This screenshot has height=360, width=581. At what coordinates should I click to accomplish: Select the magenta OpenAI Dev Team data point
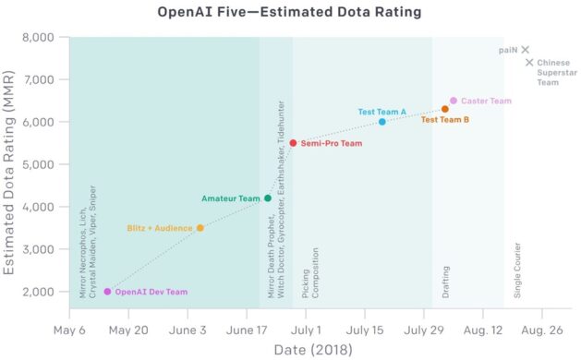tap(107, 292)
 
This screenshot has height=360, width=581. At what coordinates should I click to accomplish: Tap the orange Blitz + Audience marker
tap(200, 228)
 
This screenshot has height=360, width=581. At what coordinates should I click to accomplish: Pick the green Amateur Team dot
tap(268, 198)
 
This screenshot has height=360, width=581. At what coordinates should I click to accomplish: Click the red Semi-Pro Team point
tap(293, 143)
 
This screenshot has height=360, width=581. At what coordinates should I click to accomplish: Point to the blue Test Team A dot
tap(382, 122)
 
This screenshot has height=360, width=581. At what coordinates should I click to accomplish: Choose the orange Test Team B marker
tap(445, 109)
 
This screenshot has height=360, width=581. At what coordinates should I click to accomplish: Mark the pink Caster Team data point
tap(454, 101)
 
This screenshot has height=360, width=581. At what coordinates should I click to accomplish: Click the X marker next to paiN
tap(525, 50)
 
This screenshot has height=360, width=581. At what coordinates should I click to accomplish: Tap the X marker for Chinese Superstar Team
tap(530, 63)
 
